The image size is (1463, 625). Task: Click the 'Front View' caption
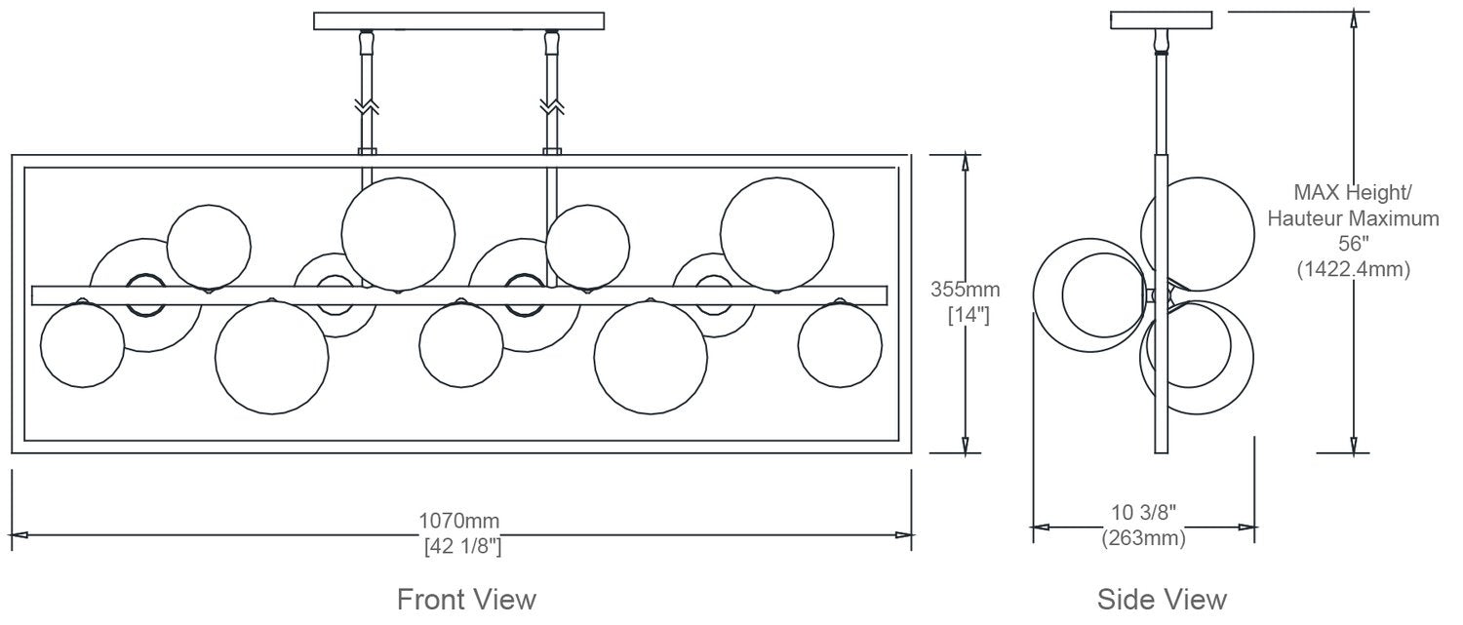pyautogui.click(x=466, y=599)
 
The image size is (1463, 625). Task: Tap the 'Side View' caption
pyautogui.click(x=1162, y=599)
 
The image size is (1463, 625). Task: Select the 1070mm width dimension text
pyautogui.click(x=458, y=521)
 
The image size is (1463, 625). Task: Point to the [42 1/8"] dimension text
pyautogui.click(x=462, y=545)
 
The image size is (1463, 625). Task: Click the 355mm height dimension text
pyautogui.click(x=966, y=289)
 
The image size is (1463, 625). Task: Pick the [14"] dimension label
pyautogui.click(x=969, y=315)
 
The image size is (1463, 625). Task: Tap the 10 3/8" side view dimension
pyautogui.click(x=1144, y=512)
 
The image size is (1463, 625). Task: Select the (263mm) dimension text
pyautogui.click(x=1143, y=537)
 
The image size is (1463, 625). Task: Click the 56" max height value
pyautogui.click(x=1354, y=244)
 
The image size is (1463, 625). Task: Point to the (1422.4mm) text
pyautogui.click(x=1354, y=268)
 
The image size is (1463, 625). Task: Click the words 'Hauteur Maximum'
pyautogui.click(x=1354, y=218)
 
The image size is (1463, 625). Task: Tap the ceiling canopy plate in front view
pyautogui.click(x=458, y=20)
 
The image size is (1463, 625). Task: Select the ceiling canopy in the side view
pyautogui.click(x=1162, y=20)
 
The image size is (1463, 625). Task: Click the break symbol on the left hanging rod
pyautogui.click(x=367, y=106)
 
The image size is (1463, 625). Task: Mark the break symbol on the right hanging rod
pyautogui.click(x=552, y=106)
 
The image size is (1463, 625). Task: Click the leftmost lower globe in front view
pyautogui.click(x=82, y=345)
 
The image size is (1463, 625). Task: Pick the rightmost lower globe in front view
pyautogui.click(x=840, y=345)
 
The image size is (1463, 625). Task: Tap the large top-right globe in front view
pyautogui.click(x=776, y=234)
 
